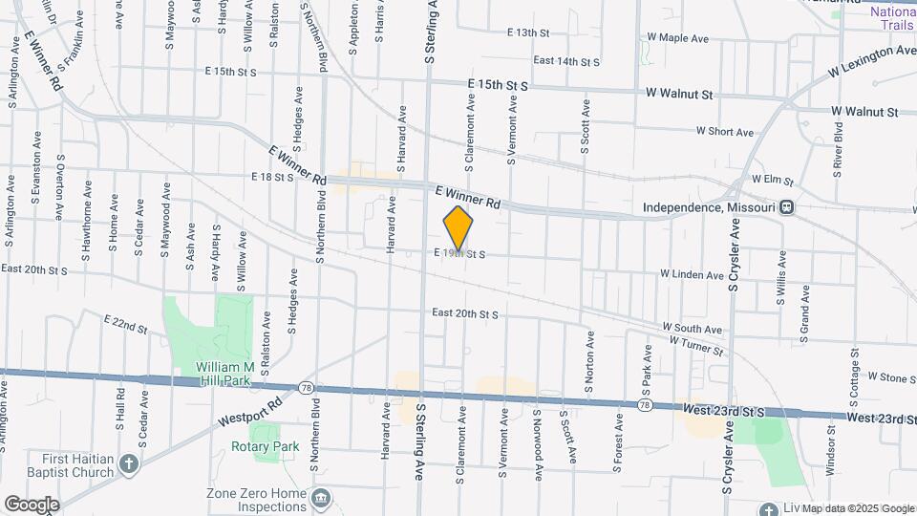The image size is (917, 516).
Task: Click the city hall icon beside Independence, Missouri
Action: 786,206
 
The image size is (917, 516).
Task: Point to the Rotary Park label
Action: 265,446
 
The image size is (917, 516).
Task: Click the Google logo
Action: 31,504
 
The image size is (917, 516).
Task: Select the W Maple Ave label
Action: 677,39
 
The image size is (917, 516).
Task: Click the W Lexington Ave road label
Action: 872,60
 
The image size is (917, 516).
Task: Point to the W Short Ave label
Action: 725,132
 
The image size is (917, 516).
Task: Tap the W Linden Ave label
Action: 692,275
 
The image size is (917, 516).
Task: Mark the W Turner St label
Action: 696,345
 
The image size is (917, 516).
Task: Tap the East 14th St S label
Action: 566,61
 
